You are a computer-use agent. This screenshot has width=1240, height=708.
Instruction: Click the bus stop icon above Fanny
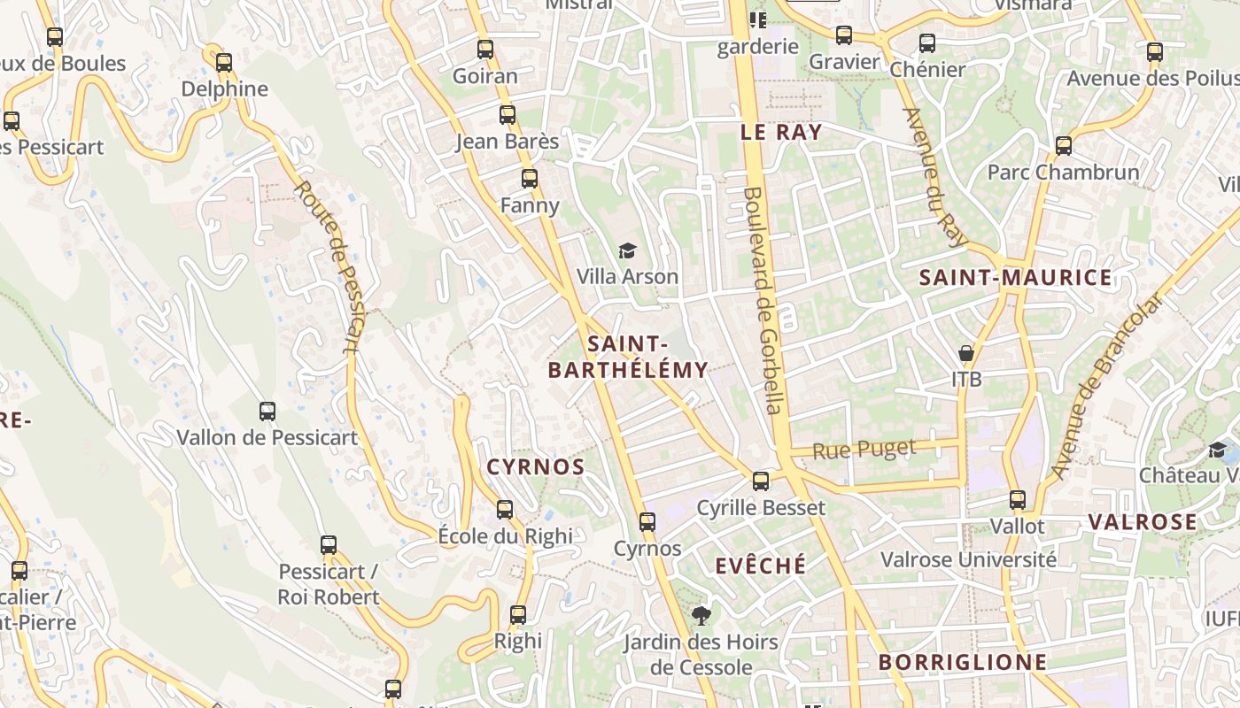point(530,179)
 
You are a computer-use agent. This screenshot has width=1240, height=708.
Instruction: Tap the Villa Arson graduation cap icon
point(627,251)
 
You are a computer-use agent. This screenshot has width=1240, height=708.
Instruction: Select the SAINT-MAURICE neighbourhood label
point(1015,278)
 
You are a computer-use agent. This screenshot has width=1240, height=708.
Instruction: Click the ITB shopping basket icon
point(966,353)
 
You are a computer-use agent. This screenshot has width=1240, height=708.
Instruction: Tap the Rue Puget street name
point(864,450)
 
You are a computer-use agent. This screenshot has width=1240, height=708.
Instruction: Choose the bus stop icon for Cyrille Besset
point(761,481)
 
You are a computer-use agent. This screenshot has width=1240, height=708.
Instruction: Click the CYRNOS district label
point(536,467)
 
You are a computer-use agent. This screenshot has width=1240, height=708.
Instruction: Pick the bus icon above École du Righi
point(505,510)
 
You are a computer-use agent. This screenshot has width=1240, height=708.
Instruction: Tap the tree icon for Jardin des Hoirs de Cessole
point(701,615)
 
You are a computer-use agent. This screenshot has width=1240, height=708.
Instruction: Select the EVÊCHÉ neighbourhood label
point(761,566)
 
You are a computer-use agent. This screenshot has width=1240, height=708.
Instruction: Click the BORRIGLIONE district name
point(962,662)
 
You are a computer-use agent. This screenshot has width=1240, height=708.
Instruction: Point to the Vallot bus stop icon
point(1018,500)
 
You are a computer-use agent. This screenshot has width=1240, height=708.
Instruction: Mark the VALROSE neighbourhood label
point(1143,522)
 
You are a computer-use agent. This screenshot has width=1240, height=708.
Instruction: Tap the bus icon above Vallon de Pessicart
point(267,411)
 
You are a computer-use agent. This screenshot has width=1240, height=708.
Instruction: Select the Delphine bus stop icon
point(224,63)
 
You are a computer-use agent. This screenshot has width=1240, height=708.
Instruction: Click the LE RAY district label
point(781,133)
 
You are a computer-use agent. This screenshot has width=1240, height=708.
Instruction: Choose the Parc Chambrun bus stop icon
point(1064,146)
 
